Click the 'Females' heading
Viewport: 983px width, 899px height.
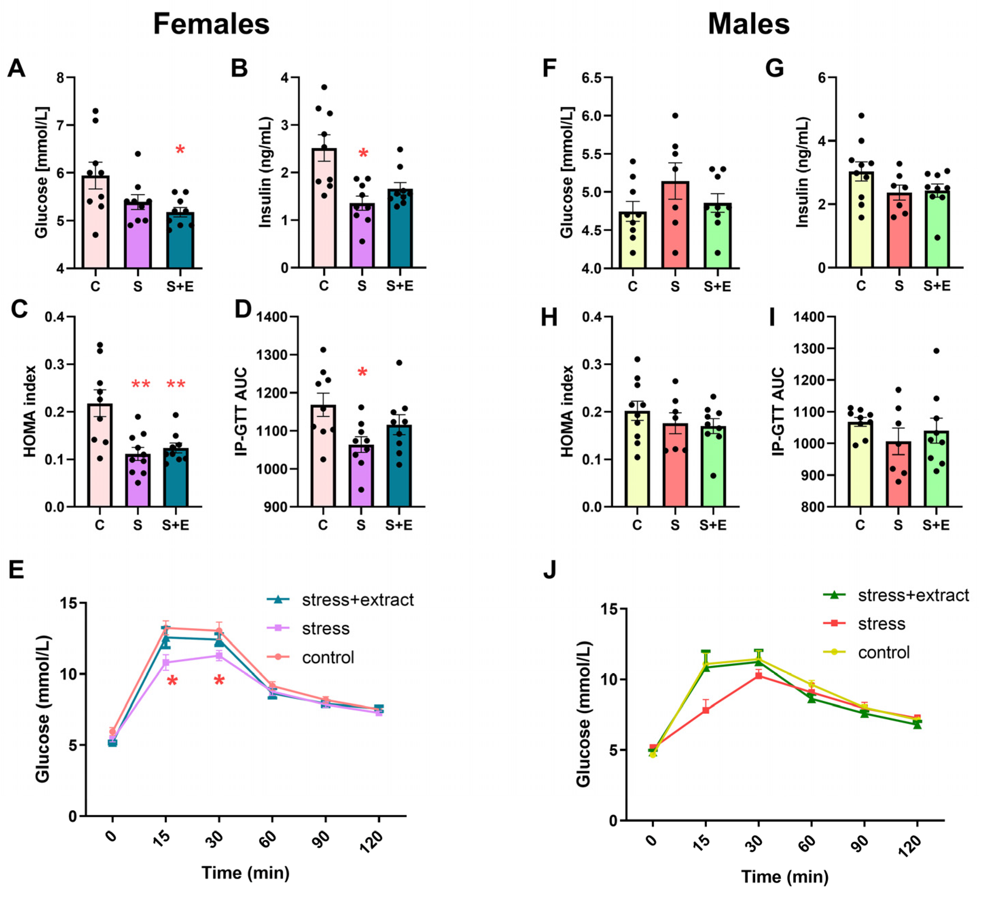point(211,24)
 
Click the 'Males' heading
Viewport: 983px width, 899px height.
point(748,24)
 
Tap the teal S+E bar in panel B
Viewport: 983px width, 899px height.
point(400,228)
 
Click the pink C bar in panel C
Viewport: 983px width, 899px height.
point(100,455)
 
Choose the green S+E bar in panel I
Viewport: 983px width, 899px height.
point(936,469)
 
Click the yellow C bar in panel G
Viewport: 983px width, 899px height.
point(861,219)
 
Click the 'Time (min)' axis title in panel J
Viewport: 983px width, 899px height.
point(785,877)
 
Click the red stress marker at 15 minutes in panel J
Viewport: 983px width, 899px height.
point(705,710)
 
